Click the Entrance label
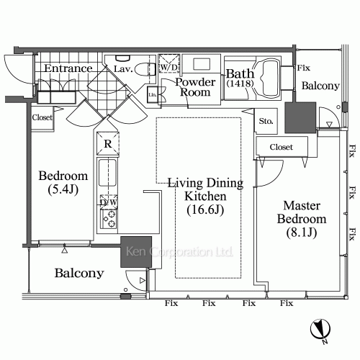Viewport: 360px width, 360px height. (68, 68)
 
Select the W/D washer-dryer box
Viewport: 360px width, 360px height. (169, 63)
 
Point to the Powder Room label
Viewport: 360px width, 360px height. (195, 87)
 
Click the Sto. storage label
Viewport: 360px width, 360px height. (266, 121)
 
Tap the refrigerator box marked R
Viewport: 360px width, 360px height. (108, 143)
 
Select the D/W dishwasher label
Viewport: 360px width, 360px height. (109, 202)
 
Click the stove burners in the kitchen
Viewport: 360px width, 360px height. (109, 219)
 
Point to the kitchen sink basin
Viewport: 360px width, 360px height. (107, 173)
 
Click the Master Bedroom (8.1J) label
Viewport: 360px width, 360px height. (302, 219)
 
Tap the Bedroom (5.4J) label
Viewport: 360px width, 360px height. (63, 182)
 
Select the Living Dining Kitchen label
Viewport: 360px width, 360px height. (205, 196)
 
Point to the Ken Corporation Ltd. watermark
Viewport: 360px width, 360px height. (179, 252)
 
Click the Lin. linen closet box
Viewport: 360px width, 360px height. (152, 94)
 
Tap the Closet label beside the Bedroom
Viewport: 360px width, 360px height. (42, 117)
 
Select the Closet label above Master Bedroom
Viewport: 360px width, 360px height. (282, 147)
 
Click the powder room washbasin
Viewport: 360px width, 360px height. (202, 64)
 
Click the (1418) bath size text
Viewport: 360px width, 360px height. (240, 84)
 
